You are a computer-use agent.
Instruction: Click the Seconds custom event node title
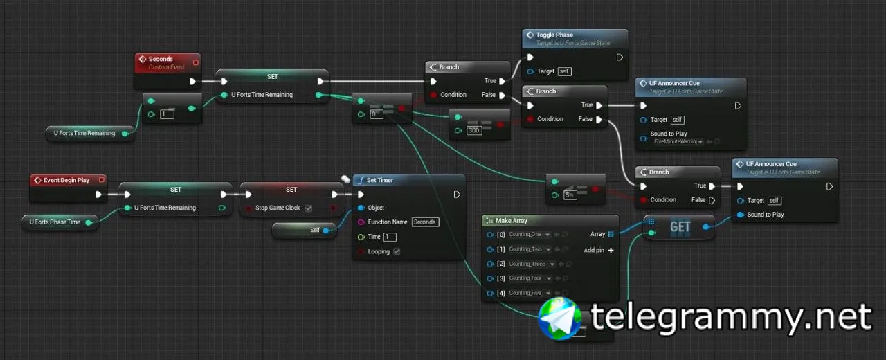click(x=161, y=59)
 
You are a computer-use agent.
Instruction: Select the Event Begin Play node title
click(x=66, y=180)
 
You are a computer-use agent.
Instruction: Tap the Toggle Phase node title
click(x=554, y=35)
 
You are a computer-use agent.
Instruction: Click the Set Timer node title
click(x=379, y=180)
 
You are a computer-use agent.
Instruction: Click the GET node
click(x=680, y=226)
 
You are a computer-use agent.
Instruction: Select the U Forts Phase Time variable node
click(x=55, y=222)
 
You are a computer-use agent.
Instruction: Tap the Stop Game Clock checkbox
click(x=308, y=208)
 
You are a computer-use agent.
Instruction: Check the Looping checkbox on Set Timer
click(x=396, y=252)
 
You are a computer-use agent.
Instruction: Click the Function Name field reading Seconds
click(x=424, y=222)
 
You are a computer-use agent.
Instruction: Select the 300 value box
click(x=474, y=131)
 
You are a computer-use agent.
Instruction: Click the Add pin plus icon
click(x=611, y=251)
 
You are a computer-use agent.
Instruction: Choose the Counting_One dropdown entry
click(x=530, y=234)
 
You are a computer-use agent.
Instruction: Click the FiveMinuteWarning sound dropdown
click(x=678, y=142)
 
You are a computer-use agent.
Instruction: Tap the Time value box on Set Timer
click(x=390, y=237)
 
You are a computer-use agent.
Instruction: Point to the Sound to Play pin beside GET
click(x=741, y=215)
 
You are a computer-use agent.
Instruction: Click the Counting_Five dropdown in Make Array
click(x=530, y=293)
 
